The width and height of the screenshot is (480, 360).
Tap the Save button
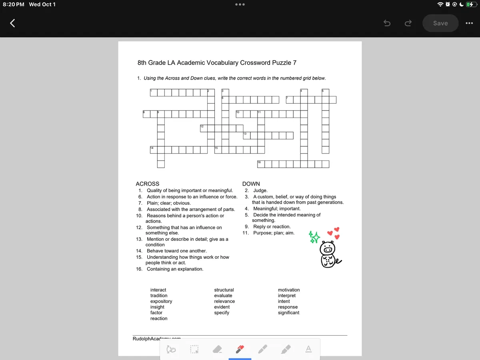440,23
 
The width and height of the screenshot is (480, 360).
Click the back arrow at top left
12,23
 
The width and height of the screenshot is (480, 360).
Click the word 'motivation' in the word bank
288,290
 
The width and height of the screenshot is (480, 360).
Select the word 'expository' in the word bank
161,301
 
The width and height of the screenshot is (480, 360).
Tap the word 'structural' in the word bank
224,290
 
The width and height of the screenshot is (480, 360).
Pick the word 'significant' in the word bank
288,313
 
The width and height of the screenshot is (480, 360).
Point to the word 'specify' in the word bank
222,313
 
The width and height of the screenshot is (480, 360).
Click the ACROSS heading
147,184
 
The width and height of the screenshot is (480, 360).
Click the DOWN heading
251,184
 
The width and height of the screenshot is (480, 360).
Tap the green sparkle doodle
314,237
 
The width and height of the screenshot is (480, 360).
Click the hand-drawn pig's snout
328,250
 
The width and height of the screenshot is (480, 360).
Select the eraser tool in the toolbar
216,350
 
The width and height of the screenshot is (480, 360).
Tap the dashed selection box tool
194,350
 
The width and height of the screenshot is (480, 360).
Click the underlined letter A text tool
308,349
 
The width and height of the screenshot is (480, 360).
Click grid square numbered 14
153,150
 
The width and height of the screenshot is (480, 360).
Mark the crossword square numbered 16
260,164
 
